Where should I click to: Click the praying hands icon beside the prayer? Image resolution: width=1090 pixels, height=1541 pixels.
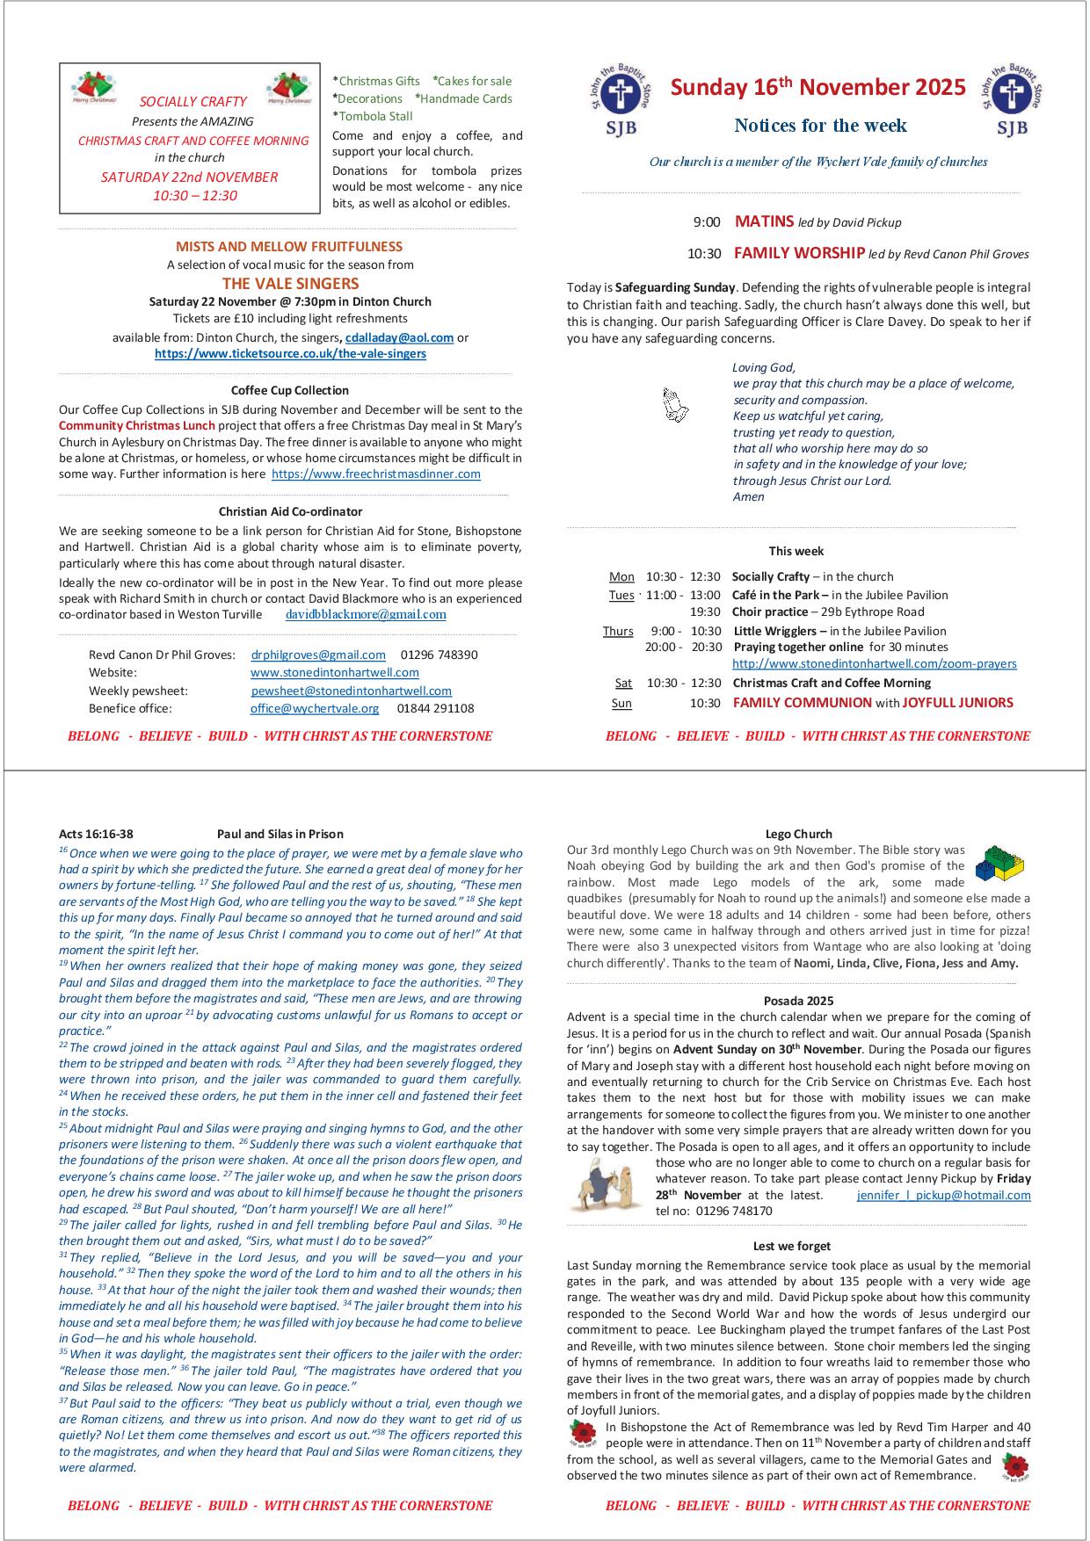click(x=675, y=405)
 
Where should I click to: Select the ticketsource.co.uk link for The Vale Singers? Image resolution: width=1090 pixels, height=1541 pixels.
click(x=290, y=354)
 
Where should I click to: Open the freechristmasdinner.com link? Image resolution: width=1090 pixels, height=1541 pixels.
click(x=376, y=474)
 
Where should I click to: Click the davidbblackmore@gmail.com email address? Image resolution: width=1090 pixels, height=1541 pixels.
click(x=366, y=615)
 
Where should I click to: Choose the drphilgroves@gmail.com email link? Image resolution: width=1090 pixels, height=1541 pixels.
click(x=318, y=655)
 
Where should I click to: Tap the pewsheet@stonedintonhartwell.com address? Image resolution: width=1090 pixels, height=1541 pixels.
click(x=352, y=691)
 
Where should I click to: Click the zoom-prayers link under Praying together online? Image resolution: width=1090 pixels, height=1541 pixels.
click(x=875, y=664)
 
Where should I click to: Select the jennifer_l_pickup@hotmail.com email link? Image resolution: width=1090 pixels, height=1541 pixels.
click(x=943, y=1196)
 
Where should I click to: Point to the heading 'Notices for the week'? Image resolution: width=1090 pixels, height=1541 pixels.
click(x=820, y=126)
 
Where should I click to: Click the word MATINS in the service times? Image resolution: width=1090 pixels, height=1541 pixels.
click(x=764, y=222)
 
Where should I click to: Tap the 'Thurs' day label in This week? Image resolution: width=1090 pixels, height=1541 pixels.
click(x=618, y=632)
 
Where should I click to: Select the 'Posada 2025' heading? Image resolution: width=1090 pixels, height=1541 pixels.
click(x=798, y=1001)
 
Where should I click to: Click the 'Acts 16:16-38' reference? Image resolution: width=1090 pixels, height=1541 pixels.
click(x=96, y=835)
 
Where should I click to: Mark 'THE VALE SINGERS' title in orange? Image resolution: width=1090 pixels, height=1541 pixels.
click(x=290, y=284)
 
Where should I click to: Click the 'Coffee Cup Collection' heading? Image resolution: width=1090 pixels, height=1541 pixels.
click(x=290, y=390)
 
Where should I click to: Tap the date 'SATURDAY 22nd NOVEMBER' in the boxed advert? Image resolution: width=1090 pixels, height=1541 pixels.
click(x=189, y=177)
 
